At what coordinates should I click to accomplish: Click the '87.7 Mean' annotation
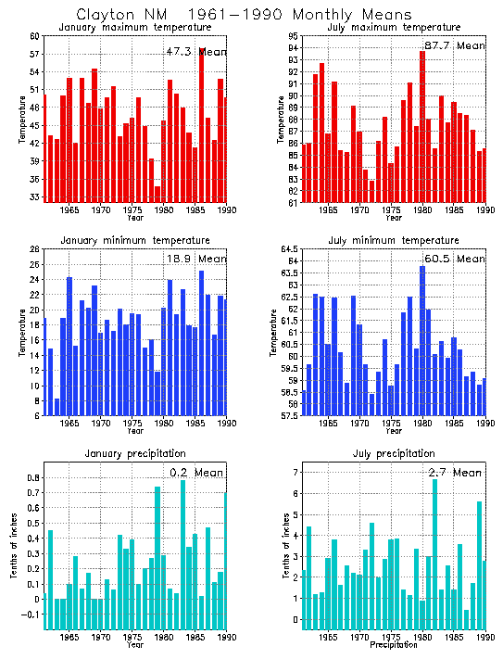coord(453,45)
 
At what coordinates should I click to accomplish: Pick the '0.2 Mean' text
coord(195,473)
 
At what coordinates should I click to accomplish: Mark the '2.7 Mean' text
coord(454,473)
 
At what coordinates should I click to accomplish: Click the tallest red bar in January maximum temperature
coord(202,125)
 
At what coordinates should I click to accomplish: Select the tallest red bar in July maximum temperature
coord(422,126)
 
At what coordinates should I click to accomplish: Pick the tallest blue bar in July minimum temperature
coord(422,340)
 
